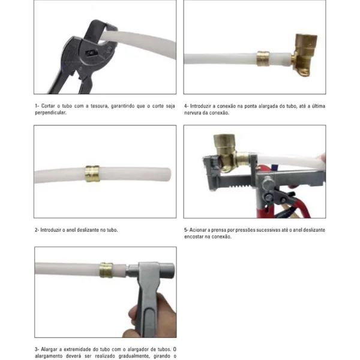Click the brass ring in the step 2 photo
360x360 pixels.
click(92, 173)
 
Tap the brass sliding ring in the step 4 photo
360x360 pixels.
click(263, 59)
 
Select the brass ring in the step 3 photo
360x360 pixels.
click(106, 270)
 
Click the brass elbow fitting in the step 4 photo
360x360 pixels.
click(304, 55)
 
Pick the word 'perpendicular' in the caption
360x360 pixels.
click(50, 113)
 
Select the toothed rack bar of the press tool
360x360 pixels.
click(234, 181)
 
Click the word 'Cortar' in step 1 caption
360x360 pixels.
click(48, 106)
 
